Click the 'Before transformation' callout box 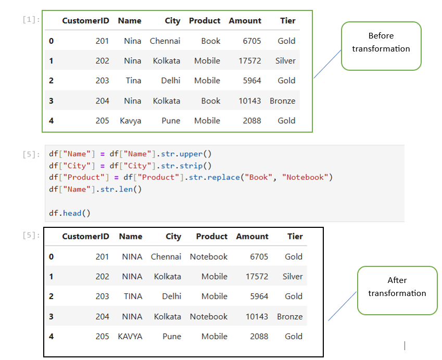tap(381, 45)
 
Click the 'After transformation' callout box tap(397, 290)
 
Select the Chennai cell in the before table tap(165, 41)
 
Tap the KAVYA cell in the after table tap(130, 337)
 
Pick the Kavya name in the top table tap(130, 121)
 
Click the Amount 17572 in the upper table tap(250, 61)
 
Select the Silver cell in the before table tap(285, 61)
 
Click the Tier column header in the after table tap(295, 237)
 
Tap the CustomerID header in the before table tap(85, 21)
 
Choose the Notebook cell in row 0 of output tap(208, 257)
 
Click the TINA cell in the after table tap(133, 297)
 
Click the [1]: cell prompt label tap(31, 20)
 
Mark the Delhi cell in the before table tap(170, 81)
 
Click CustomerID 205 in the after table tap(103, 337)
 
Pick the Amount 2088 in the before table tap(252, 121)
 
